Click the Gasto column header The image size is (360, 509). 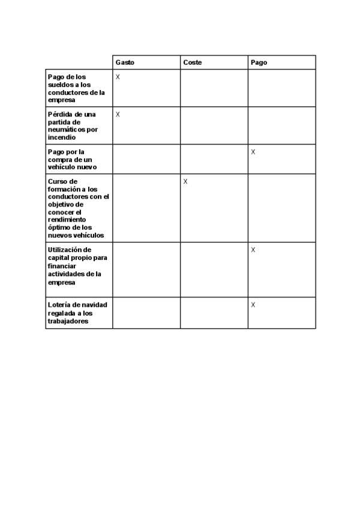pos(125,62)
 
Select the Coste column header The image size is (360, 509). pos(193,62)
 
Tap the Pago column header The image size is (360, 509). pos(259,62)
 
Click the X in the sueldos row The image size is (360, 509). pos(118,77)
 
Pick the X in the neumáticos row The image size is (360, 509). pos(118,115)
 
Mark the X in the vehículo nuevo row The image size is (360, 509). pos(253,152)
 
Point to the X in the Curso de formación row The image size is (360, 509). pos(185,182)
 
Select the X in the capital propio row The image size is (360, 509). pos(253,250)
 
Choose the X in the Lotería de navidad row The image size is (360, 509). pos(253,305)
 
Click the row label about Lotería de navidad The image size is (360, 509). pos(77,313)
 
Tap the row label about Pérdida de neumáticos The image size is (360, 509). pos(73,125)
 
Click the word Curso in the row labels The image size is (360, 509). pos(57,181)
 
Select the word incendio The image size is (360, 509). pos(61,137)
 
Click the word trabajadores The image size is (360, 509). pos(68,321)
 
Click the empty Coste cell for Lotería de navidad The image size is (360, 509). pos(214,313)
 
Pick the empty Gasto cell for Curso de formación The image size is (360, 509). pos(146,208)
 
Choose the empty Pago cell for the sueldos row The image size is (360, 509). pos(281,88)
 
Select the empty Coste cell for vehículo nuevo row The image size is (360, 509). pos(214,159)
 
